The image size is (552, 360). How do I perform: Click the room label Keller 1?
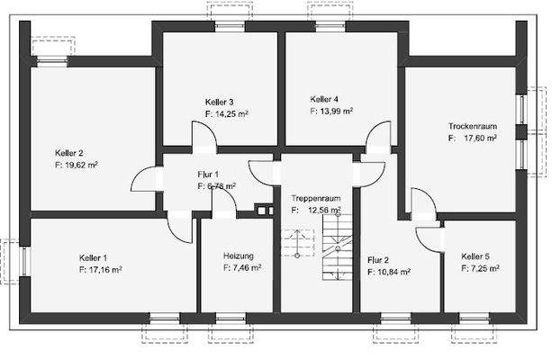(x=92, y=256)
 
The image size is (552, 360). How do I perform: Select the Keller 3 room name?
(x=220, y=101)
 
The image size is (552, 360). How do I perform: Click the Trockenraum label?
(x=473, y=126)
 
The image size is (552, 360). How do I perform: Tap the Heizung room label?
(x=239, y=256)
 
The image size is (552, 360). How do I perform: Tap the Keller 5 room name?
(x=475, y=256)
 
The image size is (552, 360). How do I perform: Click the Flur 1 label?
(x=208, y=174)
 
